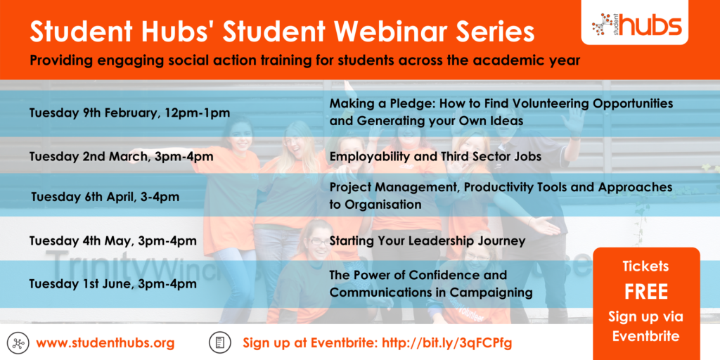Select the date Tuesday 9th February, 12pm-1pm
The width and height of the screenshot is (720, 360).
click(129, 112)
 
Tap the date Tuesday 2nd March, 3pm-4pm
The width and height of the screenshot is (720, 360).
click(121, 157)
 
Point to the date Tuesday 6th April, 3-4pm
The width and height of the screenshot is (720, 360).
click(105, 198)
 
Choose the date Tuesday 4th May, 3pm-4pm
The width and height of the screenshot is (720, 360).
click(113, 240)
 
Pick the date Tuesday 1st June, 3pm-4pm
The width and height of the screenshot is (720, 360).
click(113, 284)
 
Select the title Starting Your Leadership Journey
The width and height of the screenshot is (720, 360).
click(427, 241)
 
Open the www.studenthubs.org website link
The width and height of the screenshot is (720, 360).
click(105, 342)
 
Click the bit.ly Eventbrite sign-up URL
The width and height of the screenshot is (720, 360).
click(447, 342)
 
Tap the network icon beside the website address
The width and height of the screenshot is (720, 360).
click(18, 343)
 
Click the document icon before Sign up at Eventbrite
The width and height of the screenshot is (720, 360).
click(219, 343)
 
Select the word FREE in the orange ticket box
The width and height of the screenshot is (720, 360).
click(645, 292)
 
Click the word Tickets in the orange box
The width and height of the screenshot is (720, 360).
click(645, 266)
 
